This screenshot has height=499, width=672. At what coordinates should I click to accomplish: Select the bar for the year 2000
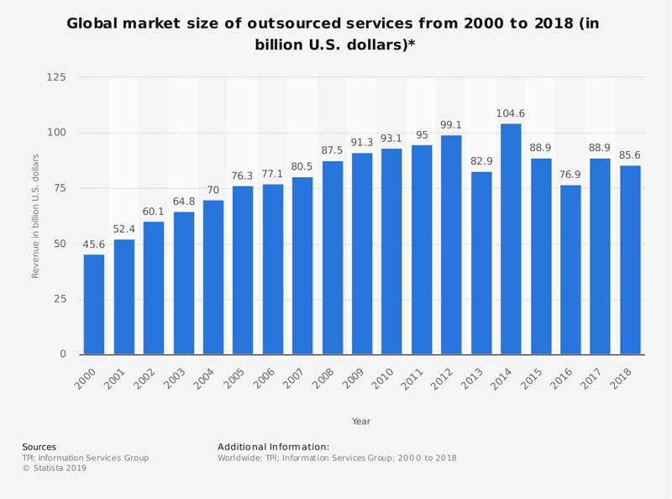tap(94, 304)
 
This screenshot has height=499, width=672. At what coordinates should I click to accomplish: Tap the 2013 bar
tap(481, 263)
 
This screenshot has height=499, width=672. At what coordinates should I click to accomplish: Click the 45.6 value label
tap(94, 245)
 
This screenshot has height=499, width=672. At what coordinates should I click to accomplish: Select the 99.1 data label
tap(451, 126)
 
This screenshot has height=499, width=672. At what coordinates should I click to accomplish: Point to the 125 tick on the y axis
tap(56, 77)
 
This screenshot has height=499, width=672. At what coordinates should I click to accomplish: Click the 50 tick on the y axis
tap(60, 244)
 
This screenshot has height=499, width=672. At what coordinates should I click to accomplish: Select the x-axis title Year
tap(361, 421)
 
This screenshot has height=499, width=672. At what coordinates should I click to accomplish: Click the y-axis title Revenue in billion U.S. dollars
tap(35, 216)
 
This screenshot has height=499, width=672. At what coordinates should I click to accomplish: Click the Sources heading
tap(39, 447)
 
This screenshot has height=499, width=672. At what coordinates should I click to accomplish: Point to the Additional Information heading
tap(273, 447)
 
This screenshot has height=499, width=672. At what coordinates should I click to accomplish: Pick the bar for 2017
tap(600, 256)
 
